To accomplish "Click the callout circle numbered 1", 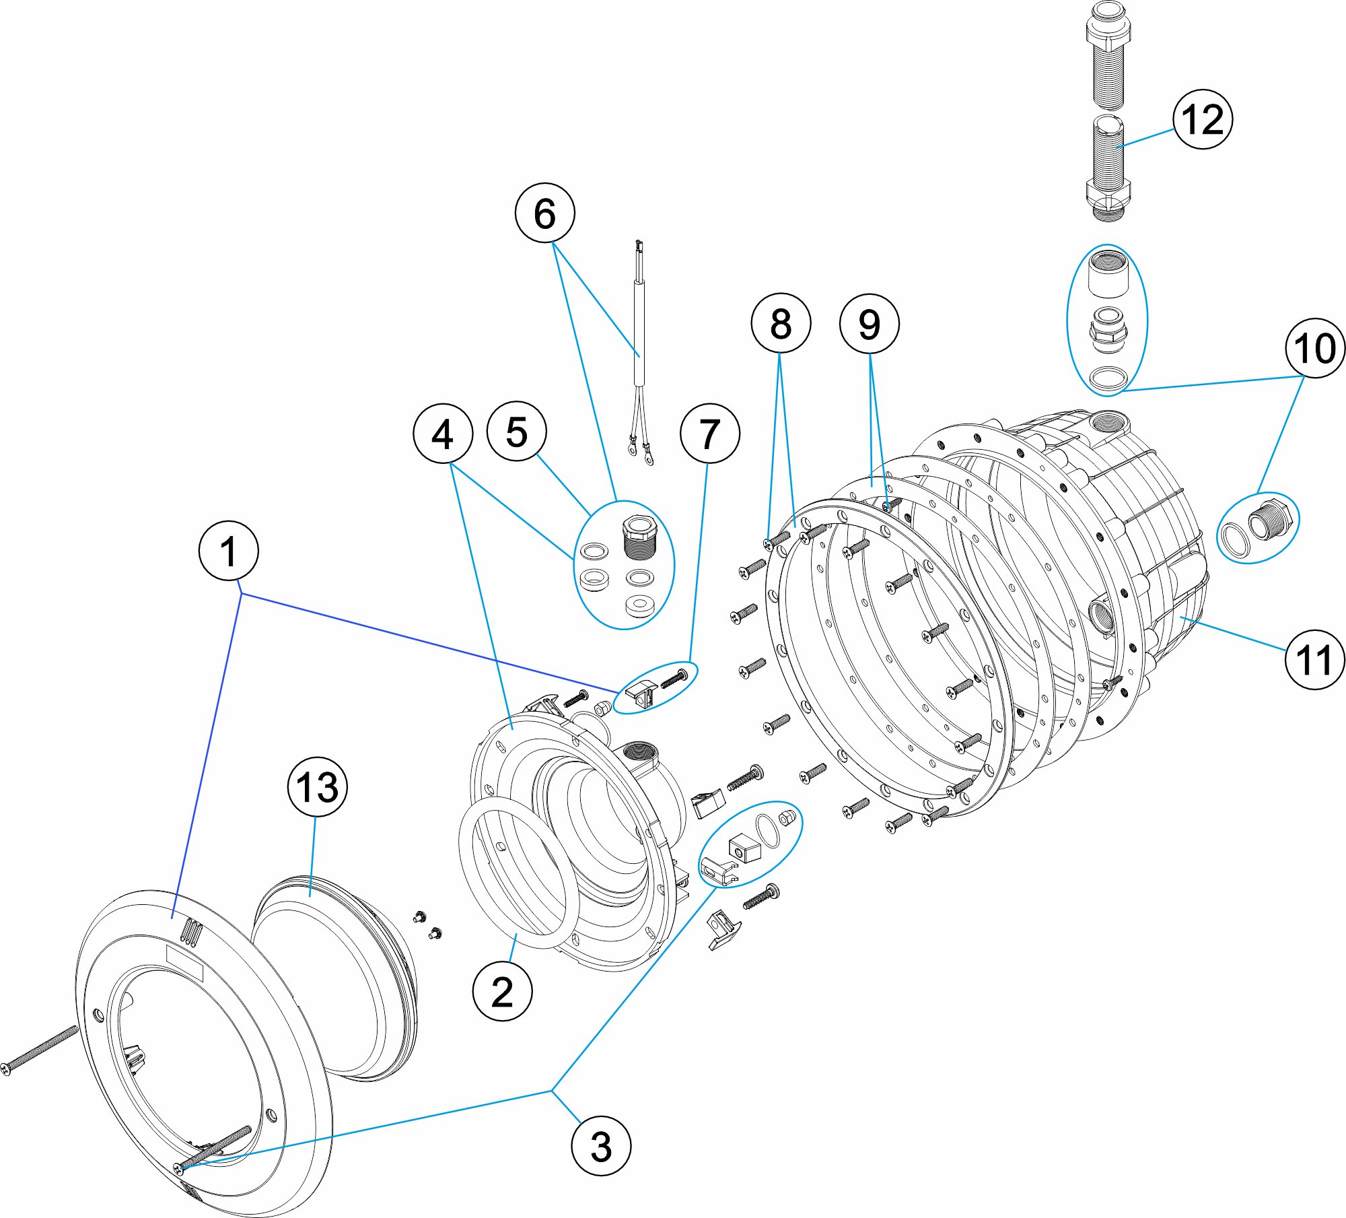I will pyautogui.click(x=229, y=551).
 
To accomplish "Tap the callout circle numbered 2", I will pyautogui.click(x=502, y=991).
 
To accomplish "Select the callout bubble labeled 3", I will pyautogui.click(x=600, y=1146).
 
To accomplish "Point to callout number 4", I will pyautogui.click(x=442, y=434).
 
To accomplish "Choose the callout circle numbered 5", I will pyautogui.click(x=516, y=432).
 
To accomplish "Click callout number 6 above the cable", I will pyautogui.click(x=544, y=213).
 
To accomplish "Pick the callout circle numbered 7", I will pyautogui.click(x=709, y=434).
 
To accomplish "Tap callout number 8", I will pyautogui.click(x=781, y=323).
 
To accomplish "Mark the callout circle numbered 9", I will pyautogui.click(x=869, y=324).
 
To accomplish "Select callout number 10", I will pyautogui.click(x=1314, y=348).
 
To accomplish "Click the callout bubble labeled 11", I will pyautogui.click(x=1314, y=659).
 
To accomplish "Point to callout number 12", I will pyautogui.click(x=1203, y=119).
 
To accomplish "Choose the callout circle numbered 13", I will pyautogui.click(x=317, y=786).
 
